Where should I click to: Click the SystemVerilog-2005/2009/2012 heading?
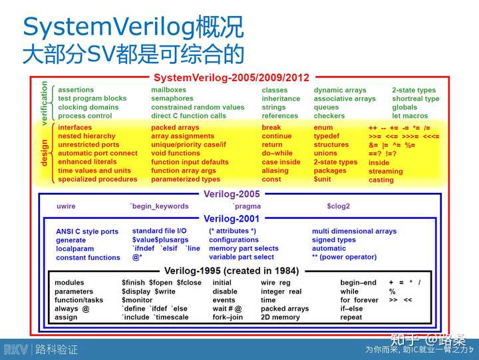click(x=232, y=77)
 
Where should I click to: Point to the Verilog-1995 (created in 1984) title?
click(x=232, y=271)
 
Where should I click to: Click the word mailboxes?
click(x=169, y=90)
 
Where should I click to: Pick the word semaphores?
click(x=172, y=98)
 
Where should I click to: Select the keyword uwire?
click(x=66, y=206)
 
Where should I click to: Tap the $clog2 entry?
click(x=338, y=206)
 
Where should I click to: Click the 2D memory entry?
click(x=280, y=317)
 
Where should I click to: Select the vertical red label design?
click(x=45, y=152)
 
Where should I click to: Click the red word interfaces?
click(x=75, y=127)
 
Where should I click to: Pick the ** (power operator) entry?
click(x=349, y=257)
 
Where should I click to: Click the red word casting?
click(x=381, y=180)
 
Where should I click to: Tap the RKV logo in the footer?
click(x=15, y=349)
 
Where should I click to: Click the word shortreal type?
click(x=415, y=98)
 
